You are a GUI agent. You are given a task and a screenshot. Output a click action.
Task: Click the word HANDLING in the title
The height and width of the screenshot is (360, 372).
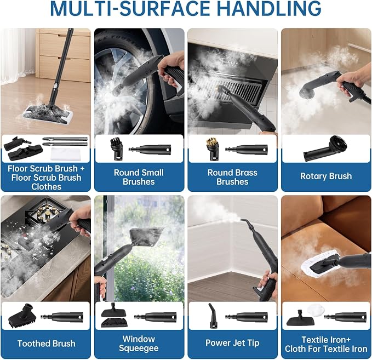point(269,9)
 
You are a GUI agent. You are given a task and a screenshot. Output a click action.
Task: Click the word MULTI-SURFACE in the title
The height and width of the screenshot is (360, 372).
point(130,9)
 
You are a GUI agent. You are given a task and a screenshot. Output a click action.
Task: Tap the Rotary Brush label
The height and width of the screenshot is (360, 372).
point(326,176)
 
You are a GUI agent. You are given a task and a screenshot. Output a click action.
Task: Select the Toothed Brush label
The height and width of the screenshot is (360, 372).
point(46,344)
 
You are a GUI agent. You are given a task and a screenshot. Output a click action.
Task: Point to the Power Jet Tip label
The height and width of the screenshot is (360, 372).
point(232,343)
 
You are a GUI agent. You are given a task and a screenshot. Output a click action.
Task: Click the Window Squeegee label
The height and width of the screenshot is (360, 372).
point(139,344)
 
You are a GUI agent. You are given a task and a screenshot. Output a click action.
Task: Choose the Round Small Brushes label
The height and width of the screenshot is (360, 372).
point(139,177)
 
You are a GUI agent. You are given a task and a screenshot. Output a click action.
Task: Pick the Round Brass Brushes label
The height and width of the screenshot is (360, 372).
point(232,177)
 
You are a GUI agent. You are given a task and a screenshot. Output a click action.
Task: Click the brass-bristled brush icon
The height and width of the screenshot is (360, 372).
point(212,149)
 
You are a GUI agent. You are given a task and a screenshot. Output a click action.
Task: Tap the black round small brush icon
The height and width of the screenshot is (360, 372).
point(117,149)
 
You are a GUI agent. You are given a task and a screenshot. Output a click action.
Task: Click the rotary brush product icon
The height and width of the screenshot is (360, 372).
point(325,148)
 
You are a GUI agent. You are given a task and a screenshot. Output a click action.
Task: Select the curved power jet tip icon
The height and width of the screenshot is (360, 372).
point(213,316)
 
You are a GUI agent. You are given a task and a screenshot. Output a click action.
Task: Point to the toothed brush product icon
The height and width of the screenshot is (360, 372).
point(22,316)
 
